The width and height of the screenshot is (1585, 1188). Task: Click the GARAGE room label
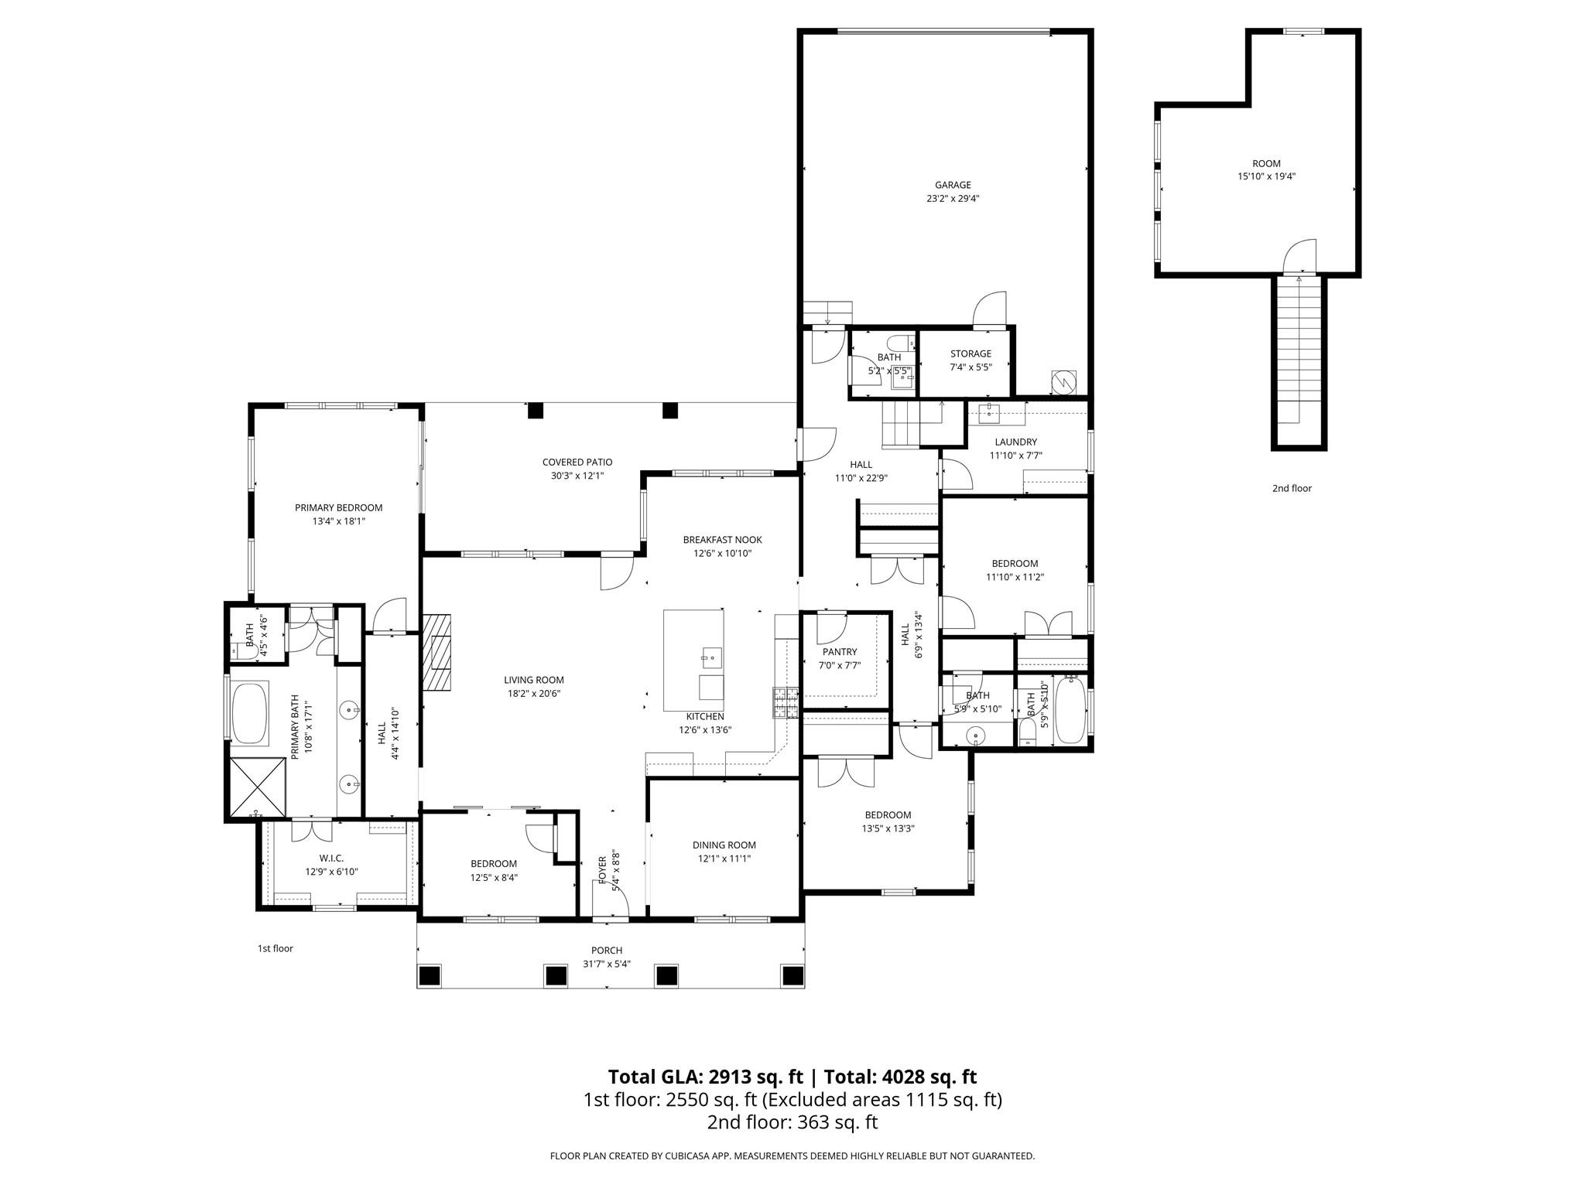coord(953,186)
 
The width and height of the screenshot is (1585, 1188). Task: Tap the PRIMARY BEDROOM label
coord(338,508)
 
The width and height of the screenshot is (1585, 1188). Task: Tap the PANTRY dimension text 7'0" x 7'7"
coord(840,665)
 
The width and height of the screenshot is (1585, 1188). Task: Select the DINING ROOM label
coord(724,845)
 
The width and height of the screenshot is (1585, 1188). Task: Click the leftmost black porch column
coord(430,975)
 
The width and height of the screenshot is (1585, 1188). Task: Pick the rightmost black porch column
coord(792,975)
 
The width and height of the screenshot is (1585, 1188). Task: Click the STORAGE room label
coord(971,354)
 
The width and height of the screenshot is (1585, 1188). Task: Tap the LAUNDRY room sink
coord(990,414)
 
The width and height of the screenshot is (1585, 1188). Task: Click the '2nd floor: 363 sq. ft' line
coord(792,1122)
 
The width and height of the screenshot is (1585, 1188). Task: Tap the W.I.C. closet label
coord(331,859)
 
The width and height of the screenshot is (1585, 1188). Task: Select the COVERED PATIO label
coord(577,463)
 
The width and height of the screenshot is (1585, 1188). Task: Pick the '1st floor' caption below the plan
coord(276,948)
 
